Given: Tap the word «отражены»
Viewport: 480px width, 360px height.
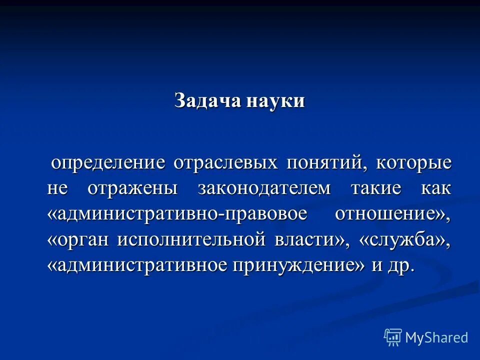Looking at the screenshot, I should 133,188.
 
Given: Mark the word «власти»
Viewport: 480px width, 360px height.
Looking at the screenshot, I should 305,240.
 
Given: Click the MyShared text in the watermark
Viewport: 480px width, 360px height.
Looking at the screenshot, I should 436,337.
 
